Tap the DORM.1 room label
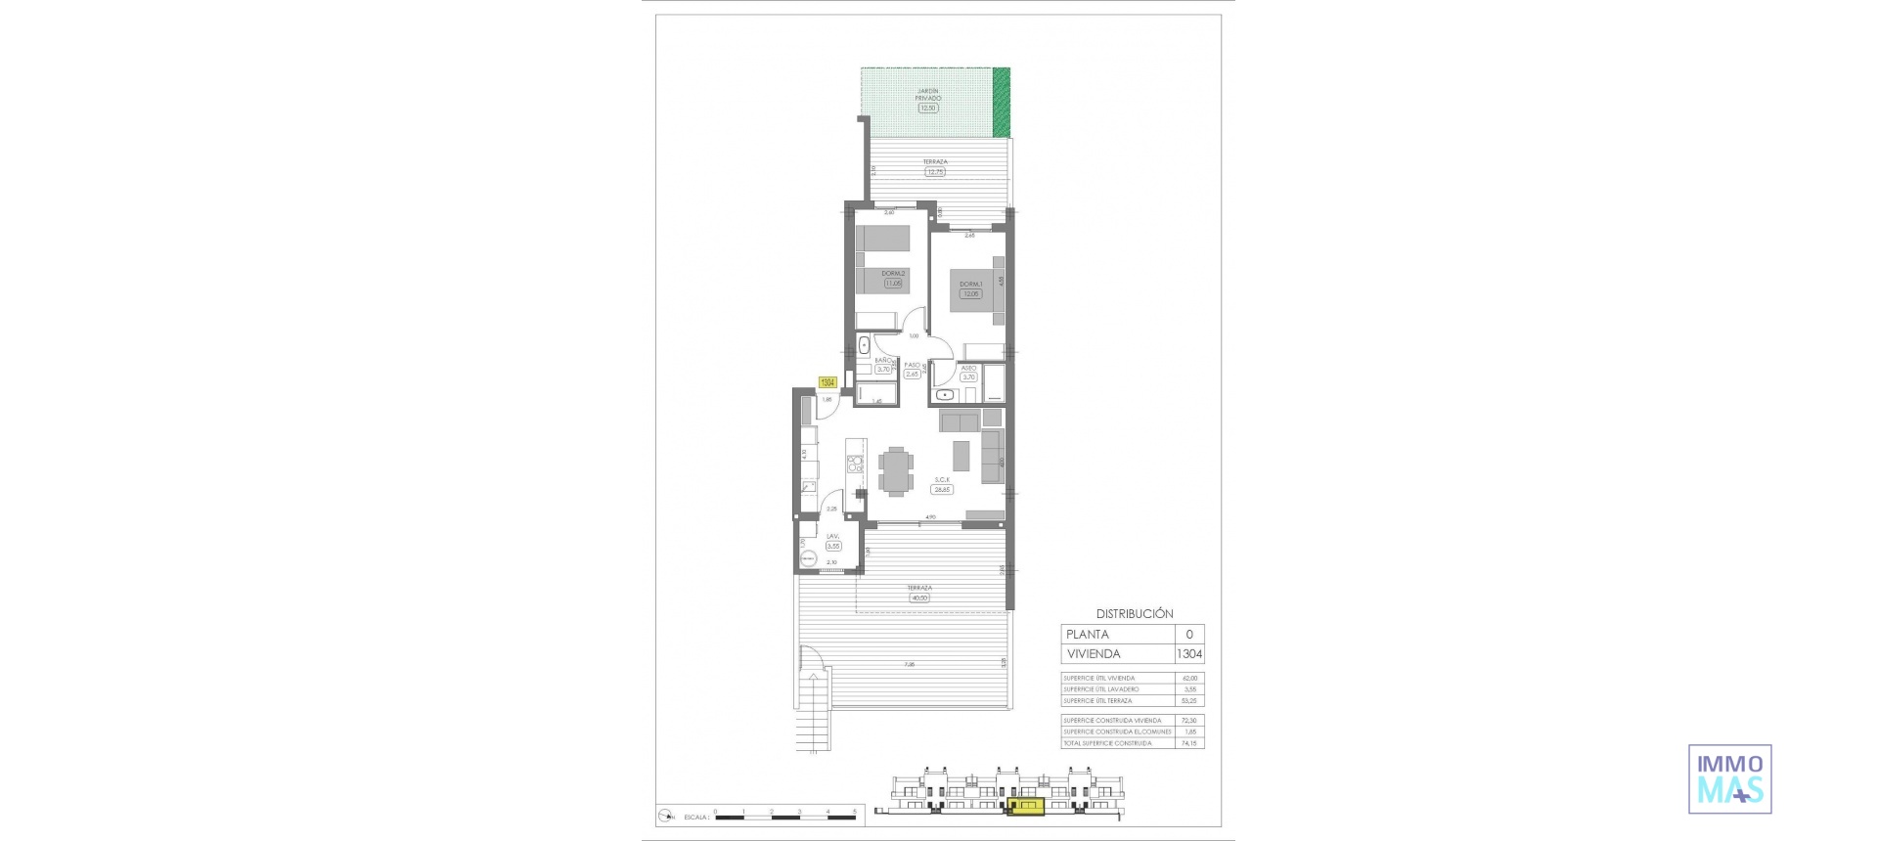970,285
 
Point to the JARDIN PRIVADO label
927,94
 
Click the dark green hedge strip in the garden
1001,102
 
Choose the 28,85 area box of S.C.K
941,490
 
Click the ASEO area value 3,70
968,377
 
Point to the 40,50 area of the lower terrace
918,598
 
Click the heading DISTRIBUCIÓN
1135,614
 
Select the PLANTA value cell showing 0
1189,635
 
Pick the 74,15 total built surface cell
1188,744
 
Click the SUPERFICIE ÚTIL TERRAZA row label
1097,701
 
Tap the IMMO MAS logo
1729,779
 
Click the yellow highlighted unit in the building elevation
1026,807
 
